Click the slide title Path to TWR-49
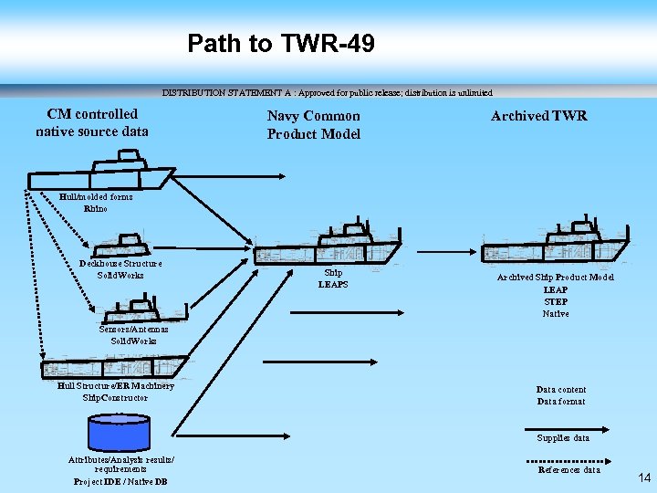280,43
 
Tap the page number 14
644,477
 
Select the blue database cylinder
120,431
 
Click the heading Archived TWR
538,116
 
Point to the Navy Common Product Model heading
313,125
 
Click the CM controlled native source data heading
92,122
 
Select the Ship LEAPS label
333,278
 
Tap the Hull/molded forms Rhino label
95,203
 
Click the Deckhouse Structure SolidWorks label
120,269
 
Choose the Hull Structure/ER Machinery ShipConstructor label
115,392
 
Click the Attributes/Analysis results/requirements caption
120,470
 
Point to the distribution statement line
327,92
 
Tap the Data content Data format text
561,395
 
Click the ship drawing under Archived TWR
554,243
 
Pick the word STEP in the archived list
555,301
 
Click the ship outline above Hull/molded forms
102,173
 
